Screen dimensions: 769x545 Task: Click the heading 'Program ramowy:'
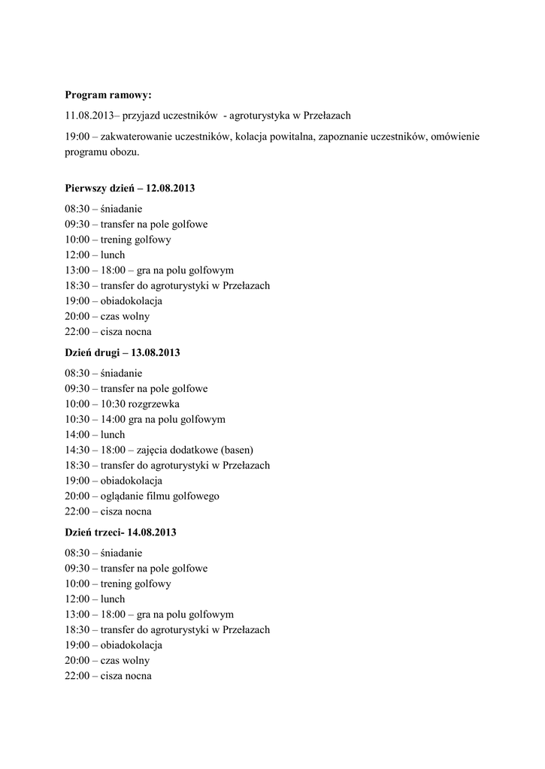(107, 95)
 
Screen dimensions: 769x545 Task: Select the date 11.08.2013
(89, 116)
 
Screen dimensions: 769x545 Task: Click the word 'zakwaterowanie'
(136, 137)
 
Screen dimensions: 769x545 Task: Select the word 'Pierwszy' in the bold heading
(86, 188)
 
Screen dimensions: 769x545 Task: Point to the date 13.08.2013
(156, 352)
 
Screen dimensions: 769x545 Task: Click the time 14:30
(77, 450)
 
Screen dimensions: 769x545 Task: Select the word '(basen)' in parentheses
(235, 450)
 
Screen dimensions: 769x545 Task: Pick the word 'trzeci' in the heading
(110, 532)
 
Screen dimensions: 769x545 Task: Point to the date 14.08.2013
(152, 532)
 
